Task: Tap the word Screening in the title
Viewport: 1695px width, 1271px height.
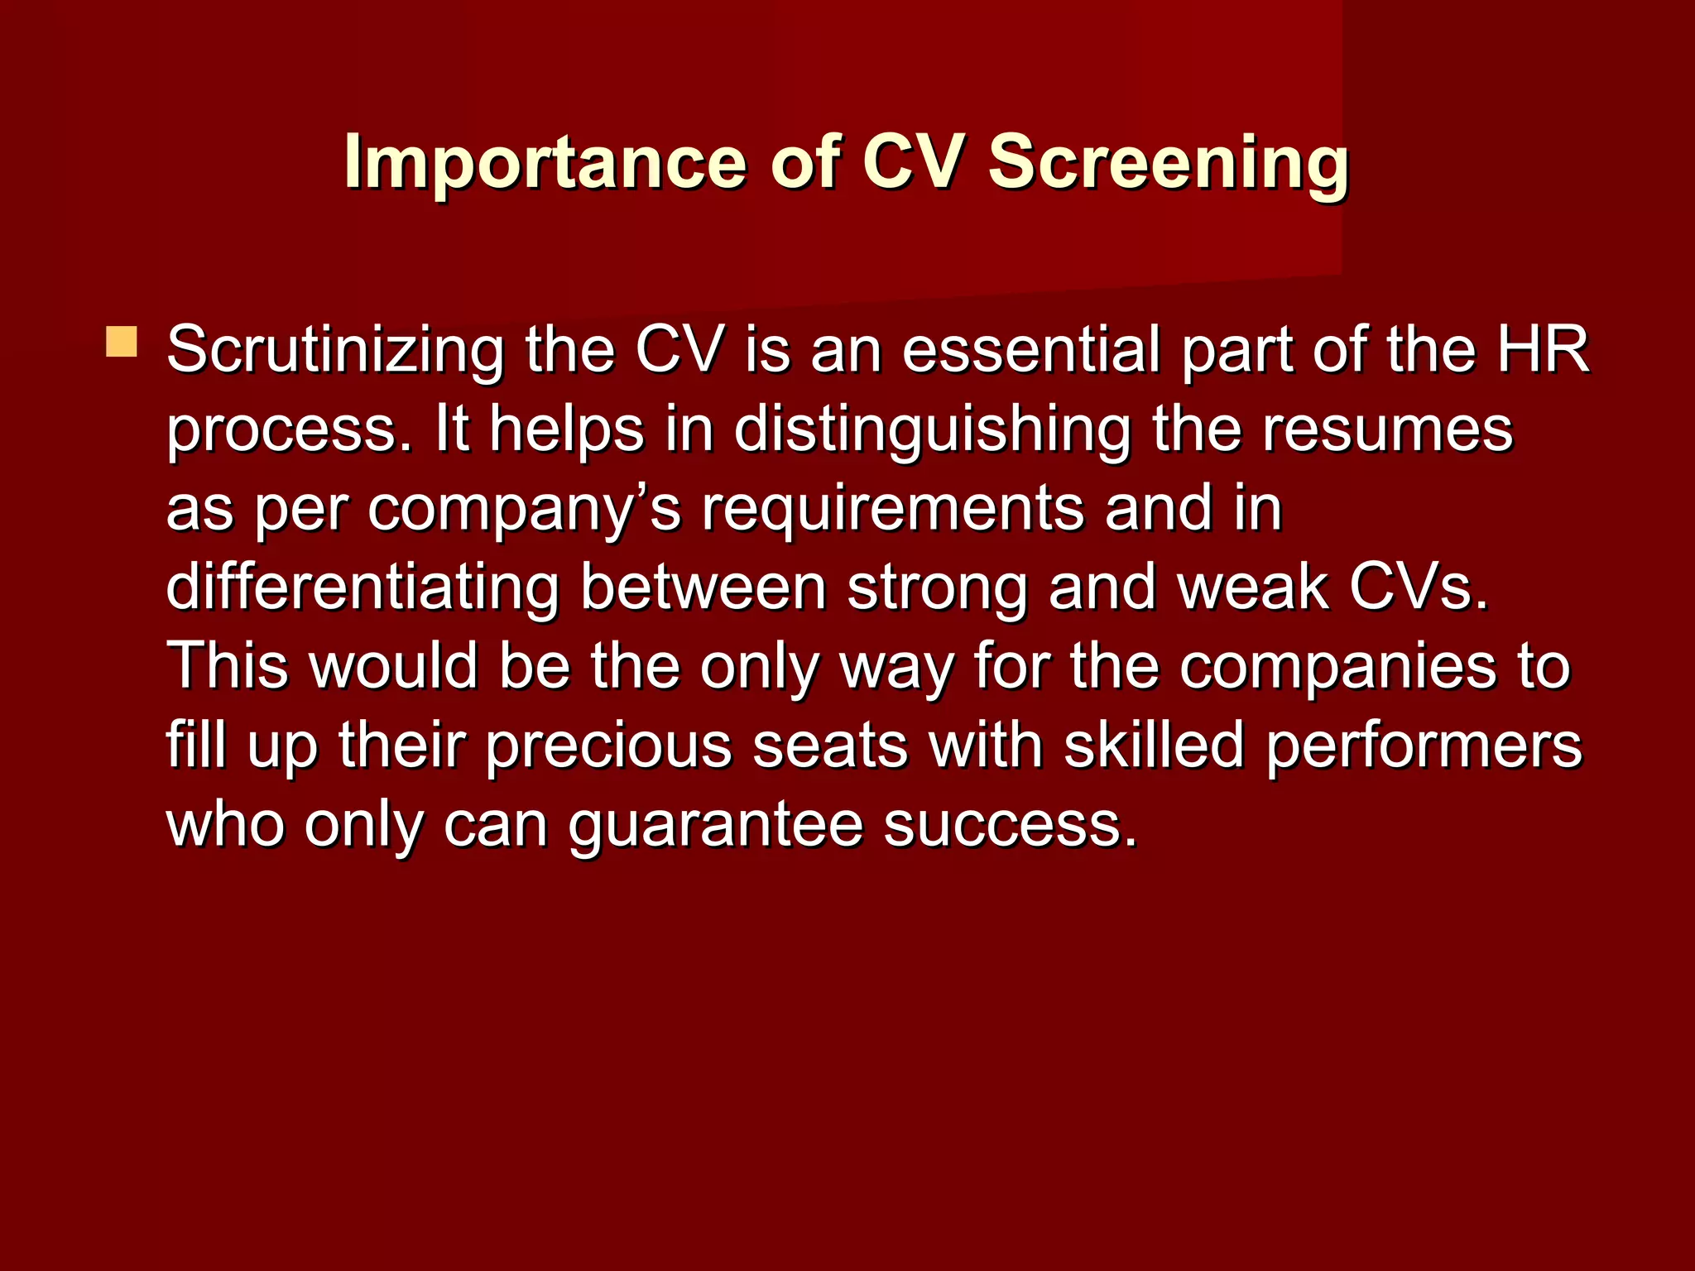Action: (x=1168, y=163)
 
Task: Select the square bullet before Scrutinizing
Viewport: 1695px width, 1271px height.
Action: (x=122, y=342)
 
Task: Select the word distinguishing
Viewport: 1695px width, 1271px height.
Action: (x=932, y=430)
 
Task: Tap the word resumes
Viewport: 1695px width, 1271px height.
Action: (x=1387, y=430)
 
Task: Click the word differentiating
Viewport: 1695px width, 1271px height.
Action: (x=363, y=588)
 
